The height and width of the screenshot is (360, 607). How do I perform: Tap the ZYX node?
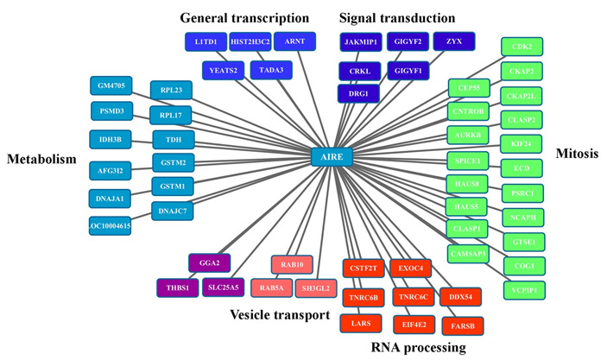tap(453, 41)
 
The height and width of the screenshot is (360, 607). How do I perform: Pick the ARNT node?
tap(294, 41)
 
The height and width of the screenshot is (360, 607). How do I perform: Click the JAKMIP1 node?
tap(360, 41)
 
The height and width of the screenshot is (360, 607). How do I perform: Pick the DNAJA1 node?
tap(110, 199)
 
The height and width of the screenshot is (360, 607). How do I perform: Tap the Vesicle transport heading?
tap(280, 315)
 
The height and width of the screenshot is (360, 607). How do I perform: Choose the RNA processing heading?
tap(417, 348)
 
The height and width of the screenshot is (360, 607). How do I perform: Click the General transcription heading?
tap(243, 16)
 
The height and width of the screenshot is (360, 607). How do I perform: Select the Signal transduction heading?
tap(397, 16)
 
